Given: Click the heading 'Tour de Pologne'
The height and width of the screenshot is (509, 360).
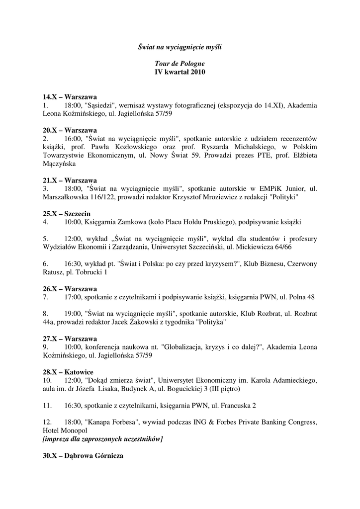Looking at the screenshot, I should [x=180, y=64].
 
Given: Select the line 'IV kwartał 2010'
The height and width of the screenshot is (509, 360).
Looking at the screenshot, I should [x=180, y=72].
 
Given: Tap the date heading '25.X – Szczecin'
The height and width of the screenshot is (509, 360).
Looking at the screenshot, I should [x=66, y=214].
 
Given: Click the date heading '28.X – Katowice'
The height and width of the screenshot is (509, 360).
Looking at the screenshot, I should [x=68, y=372].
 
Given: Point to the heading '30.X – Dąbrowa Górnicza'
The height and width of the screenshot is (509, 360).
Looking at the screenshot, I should [x=83, y=456].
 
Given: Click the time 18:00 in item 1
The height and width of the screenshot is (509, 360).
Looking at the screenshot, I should [x=73, y=105].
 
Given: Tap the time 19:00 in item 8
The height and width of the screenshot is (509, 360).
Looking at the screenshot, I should [x=73, y=314].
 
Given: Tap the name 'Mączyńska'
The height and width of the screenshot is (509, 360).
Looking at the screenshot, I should [x=59, y=163].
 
